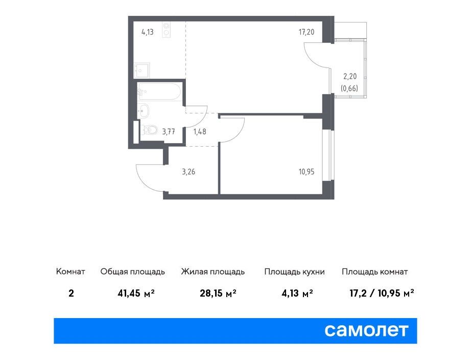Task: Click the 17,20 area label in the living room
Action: point(306,32)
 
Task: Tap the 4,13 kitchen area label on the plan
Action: point(148,32)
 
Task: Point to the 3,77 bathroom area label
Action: point(169,131)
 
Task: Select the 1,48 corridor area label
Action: point(200,131)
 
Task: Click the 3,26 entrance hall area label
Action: point(188,172)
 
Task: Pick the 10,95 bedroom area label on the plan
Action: point(306,172)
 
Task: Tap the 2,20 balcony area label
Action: point(350,77)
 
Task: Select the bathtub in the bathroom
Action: point(159,92)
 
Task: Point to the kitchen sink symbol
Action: point(142,70)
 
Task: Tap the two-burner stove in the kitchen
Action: point(166,30)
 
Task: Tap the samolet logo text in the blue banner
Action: point(366,330)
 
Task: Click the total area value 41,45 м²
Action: point(136,293)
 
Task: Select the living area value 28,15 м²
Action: point(218,293)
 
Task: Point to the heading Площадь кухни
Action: point(294,272)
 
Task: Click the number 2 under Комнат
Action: point(71,293)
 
